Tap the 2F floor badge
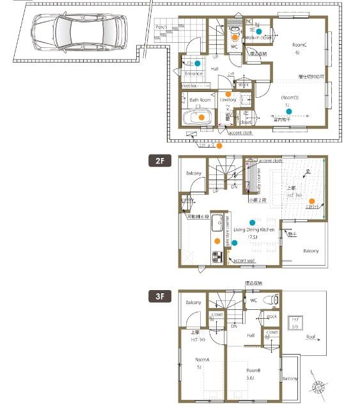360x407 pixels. [159, 161]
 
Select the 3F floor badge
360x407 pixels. [159, 296]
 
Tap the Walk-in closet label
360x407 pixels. [258, 38]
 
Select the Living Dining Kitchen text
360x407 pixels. [254, 228]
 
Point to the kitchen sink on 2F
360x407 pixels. [215, 224]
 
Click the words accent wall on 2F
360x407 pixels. [244, 261]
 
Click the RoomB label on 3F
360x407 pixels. [254, 370]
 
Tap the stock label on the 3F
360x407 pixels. [272, 316]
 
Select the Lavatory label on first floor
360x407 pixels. [228, 100]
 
